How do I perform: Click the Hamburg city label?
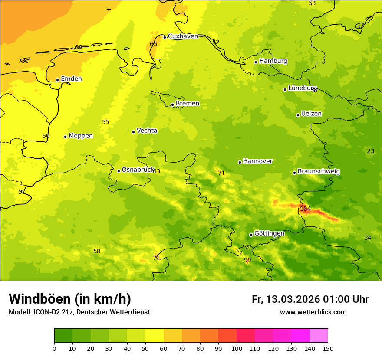(273, 61)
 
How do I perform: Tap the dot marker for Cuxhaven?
(165, 37)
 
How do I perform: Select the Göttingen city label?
(269, 233)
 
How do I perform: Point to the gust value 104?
(305, 209)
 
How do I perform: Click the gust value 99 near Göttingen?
(247, 260)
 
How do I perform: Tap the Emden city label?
(71, 79)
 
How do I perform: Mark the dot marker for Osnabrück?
(119, 171)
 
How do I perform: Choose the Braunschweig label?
(319, 172)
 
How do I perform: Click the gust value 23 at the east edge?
(370, 151)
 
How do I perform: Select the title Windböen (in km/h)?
(70, 299)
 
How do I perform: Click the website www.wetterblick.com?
(313, 312)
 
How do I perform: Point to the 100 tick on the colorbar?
(237, 348)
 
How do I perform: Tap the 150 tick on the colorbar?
(328, 348)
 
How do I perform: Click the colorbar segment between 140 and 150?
(319, 336)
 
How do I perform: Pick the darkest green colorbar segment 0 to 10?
(63, 336)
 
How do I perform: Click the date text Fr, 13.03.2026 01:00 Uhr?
(310, 299)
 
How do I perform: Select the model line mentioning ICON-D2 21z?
(79, 312)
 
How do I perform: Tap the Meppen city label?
(81, 136)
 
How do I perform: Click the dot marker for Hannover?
(240, 162)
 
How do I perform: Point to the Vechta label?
(147, 131)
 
